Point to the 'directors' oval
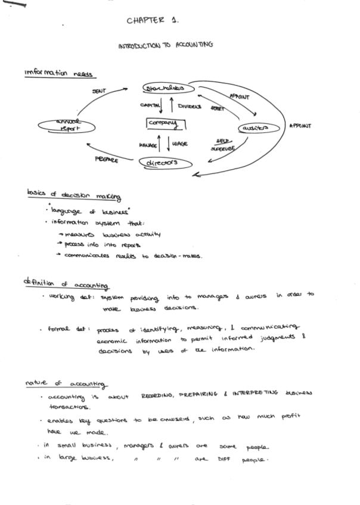pos(163,162)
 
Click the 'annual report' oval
pos(67,126)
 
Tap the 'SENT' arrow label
pos(100,91)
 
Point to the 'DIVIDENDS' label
pos(190,107)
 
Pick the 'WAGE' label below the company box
pos(179,144)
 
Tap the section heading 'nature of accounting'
pos(65,383)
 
